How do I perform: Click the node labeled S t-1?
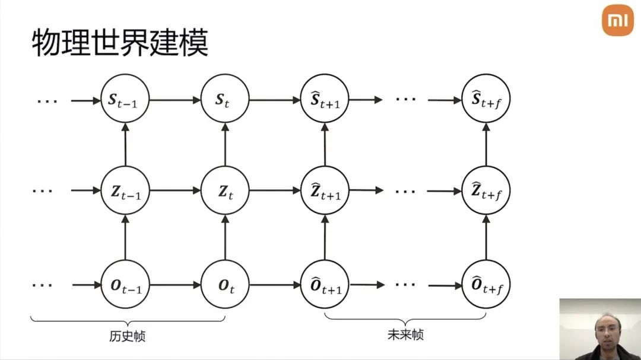coord(125,98)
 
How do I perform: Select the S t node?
coord(225,98)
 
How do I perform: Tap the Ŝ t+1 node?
coord(325,98)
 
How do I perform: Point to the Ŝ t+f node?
coord(486,98)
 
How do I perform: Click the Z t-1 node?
coord(125,190)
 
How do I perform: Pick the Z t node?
coord(225,190)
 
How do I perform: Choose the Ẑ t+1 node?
coord(325,190)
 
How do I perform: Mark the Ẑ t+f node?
coord(486,190)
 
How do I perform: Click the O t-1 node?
coord(125,285)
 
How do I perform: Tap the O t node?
coord(225,285)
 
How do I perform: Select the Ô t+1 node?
coord(325,285)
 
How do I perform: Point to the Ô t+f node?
coord(486,285)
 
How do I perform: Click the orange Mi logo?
coord(618,20)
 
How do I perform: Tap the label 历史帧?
coord(127,336)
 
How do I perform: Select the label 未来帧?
coord(405,334)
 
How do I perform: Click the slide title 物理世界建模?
coord(120,43)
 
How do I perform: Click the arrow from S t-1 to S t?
coord(175,100)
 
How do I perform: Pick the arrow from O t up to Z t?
coord(225,237)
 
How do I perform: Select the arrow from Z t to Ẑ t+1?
coord(275,190)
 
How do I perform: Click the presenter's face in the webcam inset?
coord(608,330)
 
